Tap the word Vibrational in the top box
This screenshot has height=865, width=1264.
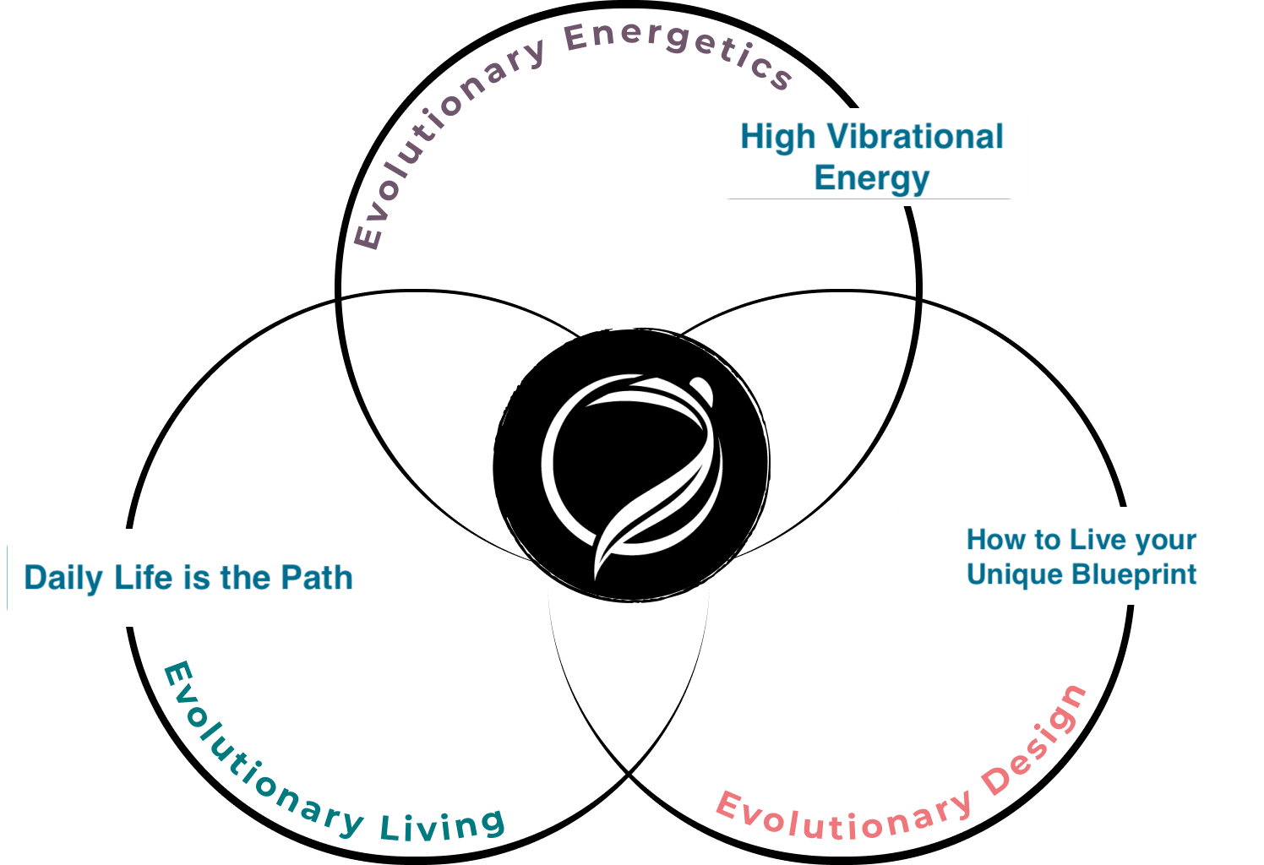pyautogui.click(x=915, y=137)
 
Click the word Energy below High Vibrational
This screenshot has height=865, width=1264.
pyautogui.click(x=871, y=178)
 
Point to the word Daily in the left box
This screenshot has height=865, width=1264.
pyautogui.click(x=63, y=578)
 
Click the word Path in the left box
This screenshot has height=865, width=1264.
pyautogui.click(x=317, y=578)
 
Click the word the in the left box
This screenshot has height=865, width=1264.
pyautogui.click(x=244, y=578)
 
